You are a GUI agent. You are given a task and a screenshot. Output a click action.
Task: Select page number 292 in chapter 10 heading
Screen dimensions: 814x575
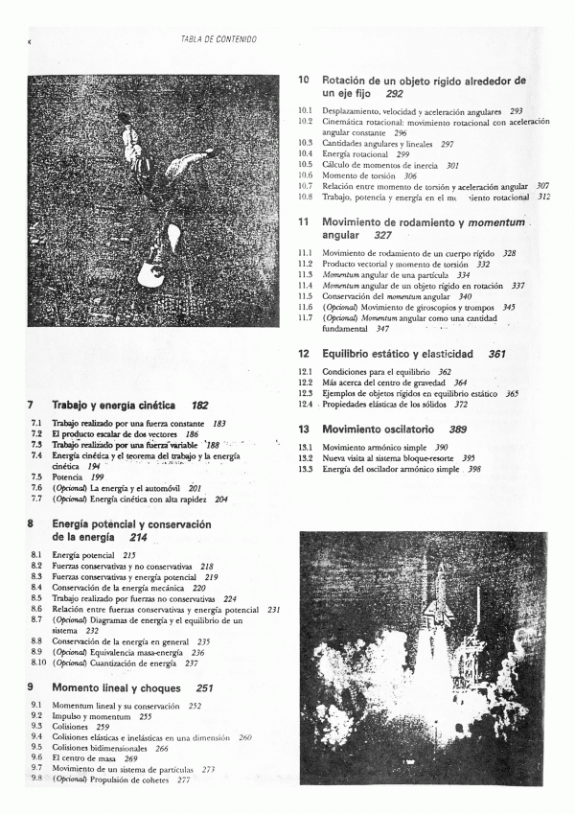pos(394,95)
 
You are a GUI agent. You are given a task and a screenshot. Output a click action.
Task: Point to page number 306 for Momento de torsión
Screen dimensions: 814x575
pos(410,176)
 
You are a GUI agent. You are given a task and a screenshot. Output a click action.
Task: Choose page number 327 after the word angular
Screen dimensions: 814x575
pos(382,235)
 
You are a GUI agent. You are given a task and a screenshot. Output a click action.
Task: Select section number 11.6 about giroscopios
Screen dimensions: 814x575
pos(306,308)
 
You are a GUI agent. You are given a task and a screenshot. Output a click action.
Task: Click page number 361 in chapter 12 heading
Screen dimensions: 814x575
pos(496,354)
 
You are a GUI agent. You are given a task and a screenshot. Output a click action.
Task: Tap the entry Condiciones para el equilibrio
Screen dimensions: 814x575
pos(377,372)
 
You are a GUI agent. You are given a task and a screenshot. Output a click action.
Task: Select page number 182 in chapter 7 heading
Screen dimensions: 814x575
pos(199,406)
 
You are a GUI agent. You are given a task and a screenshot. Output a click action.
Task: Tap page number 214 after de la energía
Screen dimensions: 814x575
pos(130,537)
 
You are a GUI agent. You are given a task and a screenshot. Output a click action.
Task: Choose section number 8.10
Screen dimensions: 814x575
pos(37,663)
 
